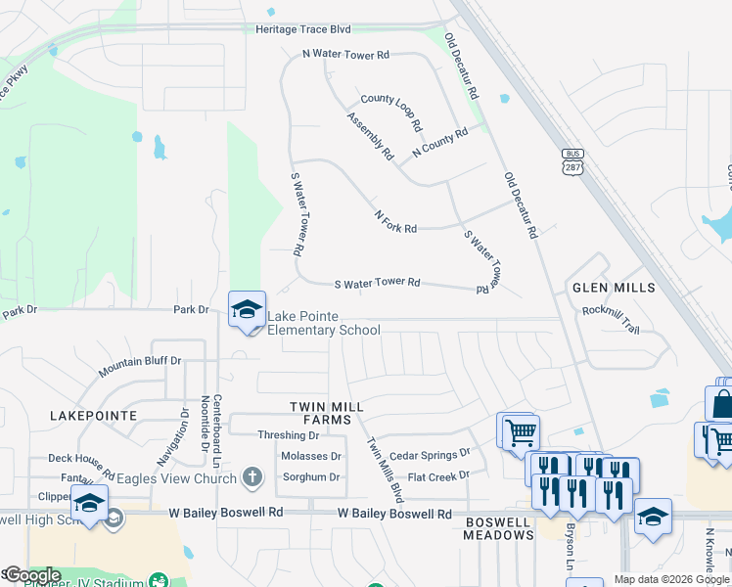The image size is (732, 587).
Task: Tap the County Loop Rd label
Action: tap(391, 111)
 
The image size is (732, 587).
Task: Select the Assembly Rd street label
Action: tap(370, 137)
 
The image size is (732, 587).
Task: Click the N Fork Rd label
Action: tap(395, 221)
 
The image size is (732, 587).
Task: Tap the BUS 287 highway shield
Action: tap(572, 160)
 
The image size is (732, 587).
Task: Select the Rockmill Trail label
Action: tap(610, 319)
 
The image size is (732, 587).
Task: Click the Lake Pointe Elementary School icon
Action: tap(247, 310)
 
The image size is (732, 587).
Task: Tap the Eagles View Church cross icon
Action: tap(252, 477)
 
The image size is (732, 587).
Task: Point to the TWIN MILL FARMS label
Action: tap(327, 413)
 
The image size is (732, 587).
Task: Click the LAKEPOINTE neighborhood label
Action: tap(93, 416)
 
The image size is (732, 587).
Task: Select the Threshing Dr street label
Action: tap(288, 435)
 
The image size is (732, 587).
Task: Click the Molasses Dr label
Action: tap(311, 456)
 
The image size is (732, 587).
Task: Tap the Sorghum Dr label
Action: tap(311, 477)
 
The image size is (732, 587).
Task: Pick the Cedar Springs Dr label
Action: tap(430, 455)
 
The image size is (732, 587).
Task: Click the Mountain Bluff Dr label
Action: tap(140, 367)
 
